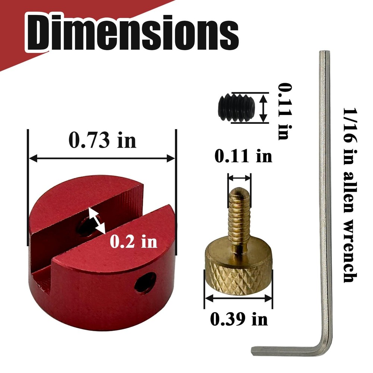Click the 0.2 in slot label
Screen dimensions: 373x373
tap(134, 242)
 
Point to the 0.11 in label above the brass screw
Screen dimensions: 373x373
tap(243, 156)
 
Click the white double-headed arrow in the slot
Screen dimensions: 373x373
tap(97, 221)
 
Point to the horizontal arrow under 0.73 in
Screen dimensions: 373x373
tap(102, 159)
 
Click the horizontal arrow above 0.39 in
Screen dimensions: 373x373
tap(239, 298)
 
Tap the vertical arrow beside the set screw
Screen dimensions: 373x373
tap(264, 107)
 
